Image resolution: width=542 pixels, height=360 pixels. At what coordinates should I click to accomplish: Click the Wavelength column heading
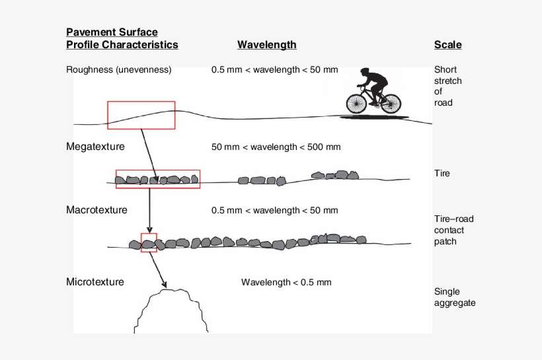pos(267,45)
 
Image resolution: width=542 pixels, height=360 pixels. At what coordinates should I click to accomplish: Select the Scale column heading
pos(447,45)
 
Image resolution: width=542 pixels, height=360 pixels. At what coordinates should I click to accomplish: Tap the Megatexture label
pos(95,147)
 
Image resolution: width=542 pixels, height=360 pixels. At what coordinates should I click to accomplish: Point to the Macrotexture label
pos(97,210)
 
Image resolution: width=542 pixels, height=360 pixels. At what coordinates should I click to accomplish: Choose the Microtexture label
pos(95,282)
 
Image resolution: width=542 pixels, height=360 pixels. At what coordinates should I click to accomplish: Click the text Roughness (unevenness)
pos(118,70)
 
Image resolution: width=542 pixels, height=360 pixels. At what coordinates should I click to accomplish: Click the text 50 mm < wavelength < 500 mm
pos(276,147)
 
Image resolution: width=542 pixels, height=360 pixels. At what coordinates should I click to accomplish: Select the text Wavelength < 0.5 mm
pos(286,282)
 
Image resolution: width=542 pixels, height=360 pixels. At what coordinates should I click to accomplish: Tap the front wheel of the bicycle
pos(356,103)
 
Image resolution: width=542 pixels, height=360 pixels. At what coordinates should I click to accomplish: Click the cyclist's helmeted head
pos(365,71)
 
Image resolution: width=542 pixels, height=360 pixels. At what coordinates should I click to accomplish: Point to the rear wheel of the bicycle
pos(391,103)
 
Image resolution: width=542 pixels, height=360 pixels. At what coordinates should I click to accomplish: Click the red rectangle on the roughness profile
pos(141,102)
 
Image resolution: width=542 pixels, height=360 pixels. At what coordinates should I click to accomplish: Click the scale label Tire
pos(442,173)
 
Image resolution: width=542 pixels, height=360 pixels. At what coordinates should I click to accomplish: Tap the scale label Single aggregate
pos(455,297)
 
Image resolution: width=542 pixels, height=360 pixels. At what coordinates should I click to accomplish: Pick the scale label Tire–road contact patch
pos(453,230)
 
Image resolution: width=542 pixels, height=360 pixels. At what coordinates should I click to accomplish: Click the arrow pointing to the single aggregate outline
pos(158,270)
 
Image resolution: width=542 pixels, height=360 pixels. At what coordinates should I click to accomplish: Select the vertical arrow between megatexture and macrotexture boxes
pos(149,211)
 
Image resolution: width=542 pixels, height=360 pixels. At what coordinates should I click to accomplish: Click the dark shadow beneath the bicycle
pos(374,118)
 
